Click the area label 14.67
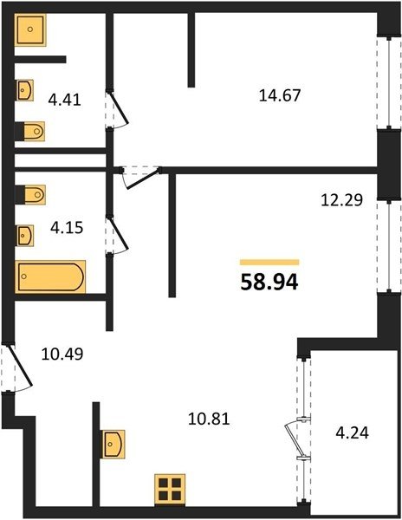[279, 96]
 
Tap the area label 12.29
[342, 200]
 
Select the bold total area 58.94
[269, 283]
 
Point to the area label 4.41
[65, 100]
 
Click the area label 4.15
[67, 228]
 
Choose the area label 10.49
[62, 354]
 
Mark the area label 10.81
[209, 419]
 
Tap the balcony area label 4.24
[353, 433]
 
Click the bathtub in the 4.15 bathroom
[50, 277]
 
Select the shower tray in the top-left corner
[30, 29]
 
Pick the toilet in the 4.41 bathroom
[29, 132]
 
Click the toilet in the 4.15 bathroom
[30, 194]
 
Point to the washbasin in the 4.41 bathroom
[25, 90]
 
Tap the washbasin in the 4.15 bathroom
[25, 236]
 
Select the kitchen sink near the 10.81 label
[113, 444]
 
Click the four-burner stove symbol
[170, 489]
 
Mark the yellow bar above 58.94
[269, 263]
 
